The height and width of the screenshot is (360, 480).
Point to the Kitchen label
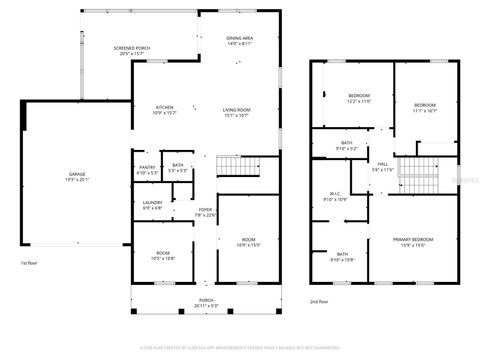pos(165,110)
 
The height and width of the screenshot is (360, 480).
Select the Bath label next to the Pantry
pos(178,167)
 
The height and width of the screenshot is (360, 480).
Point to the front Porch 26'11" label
pos(206,302)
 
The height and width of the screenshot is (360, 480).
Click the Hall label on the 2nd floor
pos(382,166)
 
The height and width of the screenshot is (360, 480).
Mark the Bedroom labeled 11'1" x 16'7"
pos(426,107)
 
